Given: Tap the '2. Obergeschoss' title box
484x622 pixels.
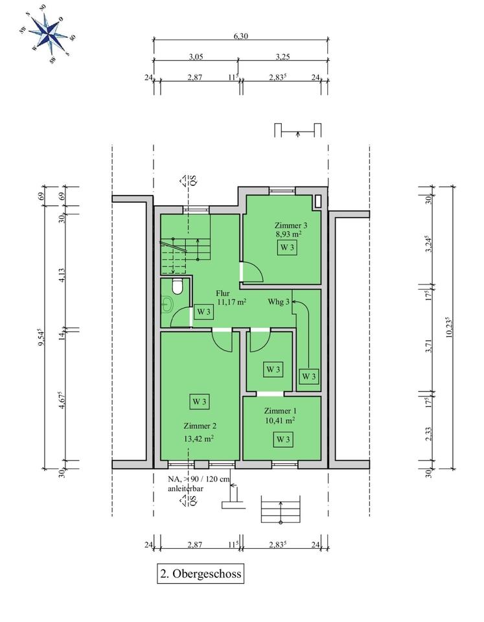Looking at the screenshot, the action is point(201,574).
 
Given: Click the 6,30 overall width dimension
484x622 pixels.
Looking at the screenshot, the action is point(240,36).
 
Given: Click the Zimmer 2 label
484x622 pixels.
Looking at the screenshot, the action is point(199,426).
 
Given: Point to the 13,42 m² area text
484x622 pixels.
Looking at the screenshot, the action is point(199,437).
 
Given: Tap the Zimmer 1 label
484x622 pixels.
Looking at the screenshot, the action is point(280,411).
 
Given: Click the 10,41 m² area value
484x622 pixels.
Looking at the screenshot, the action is point(280,420).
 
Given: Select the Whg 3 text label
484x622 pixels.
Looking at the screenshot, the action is point(279,301).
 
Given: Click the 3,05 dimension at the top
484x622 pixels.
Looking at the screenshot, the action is point(196,56).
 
